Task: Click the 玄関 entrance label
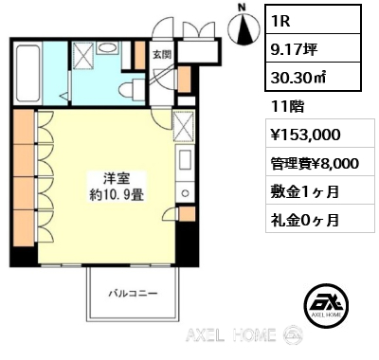point(162,55)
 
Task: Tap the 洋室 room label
point(117,179)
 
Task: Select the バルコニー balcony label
point(133,294)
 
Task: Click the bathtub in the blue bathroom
point(27,75)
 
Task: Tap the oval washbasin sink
point(107,48)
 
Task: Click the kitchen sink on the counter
point(185,160)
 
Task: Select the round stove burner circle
point(186,193)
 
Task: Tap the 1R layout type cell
point(313,19)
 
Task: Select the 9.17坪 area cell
point(313,48)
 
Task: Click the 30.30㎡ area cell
point(313,77)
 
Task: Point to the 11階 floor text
point(287,107)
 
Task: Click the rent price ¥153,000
point(305,135)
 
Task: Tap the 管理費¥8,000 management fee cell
point(315,163)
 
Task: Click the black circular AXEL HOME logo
point(326,304)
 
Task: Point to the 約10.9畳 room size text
point(117,196)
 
